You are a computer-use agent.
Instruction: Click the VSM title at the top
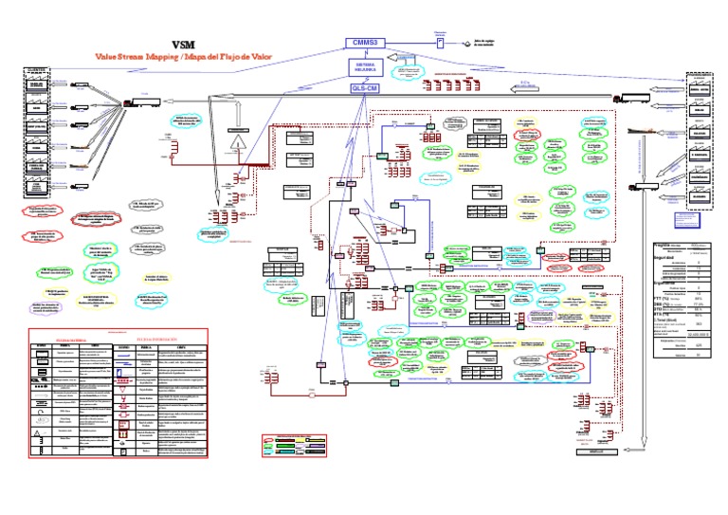pos(183,44)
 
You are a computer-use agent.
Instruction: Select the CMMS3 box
pos(365,43)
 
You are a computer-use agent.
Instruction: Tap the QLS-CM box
pos(365,88)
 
